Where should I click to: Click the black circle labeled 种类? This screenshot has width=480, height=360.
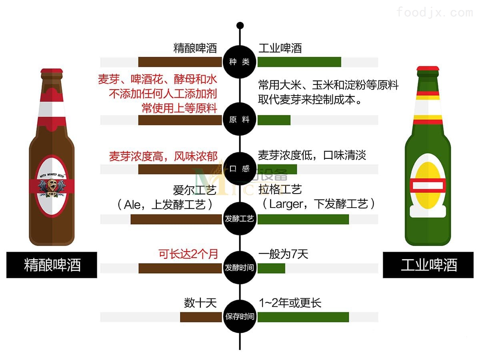coord(240,62)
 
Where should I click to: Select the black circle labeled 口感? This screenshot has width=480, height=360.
coord(240,169)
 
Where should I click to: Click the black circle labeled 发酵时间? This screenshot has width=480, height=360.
coord(240,268)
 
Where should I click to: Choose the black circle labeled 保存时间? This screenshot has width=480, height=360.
coord(240,317)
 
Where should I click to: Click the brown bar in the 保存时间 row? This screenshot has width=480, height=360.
coord(200,317)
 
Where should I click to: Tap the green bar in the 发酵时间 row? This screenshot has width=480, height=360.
coord(271,268)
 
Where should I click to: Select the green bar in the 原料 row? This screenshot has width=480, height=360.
coord(274,120)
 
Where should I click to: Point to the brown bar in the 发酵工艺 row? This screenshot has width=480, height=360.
coord(176,219)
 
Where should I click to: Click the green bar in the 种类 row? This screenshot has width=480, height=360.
coord(299,62)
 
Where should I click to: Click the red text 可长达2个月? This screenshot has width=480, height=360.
coord(188,254)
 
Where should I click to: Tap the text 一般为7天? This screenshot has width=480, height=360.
coord(283,254)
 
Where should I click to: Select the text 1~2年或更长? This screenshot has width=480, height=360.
coord(290,303)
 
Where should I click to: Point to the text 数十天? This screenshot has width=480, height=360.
coord(200,303)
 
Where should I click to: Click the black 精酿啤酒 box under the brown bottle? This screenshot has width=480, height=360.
coord(52,265)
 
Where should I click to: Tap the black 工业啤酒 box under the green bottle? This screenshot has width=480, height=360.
coord(428,265)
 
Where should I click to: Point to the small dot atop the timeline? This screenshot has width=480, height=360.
coord(240,26)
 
